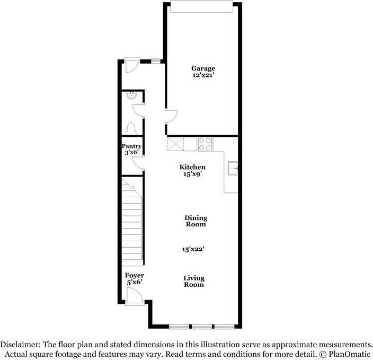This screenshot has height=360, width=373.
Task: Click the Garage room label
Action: (x=203, y=68)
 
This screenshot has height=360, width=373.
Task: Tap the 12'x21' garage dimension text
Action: (x=203, y=76)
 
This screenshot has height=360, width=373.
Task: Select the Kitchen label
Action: (x=192, y=167)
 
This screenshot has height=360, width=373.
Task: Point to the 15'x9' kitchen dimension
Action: (x=192, y=174)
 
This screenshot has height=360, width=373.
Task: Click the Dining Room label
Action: (x=196, y=221)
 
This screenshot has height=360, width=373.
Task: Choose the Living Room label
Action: (x=194, y=281)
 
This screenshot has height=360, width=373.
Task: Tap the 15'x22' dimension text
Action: (x=194, y=249)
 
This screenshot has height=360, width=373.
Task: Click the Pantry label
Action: (x=131, y=146)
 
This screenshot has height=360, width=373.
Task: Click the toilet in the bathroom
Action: (x=131, y=128)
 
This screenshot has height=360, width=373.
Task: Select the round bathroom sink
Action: (x=131, y=96)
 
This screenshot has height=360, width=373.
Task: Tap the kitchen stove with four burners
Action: (x=205, y=144)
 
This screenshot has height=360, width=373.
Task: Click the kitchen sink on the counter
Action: (x=233, y=169)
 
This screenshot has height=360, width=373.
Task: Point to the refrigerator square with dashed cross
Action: (x=175, y=144)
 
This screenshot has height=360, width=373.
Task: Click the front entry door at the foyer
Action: (x=135, y=296)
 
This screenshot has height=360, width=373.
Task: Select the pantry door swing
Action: (x=138, y=162)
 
